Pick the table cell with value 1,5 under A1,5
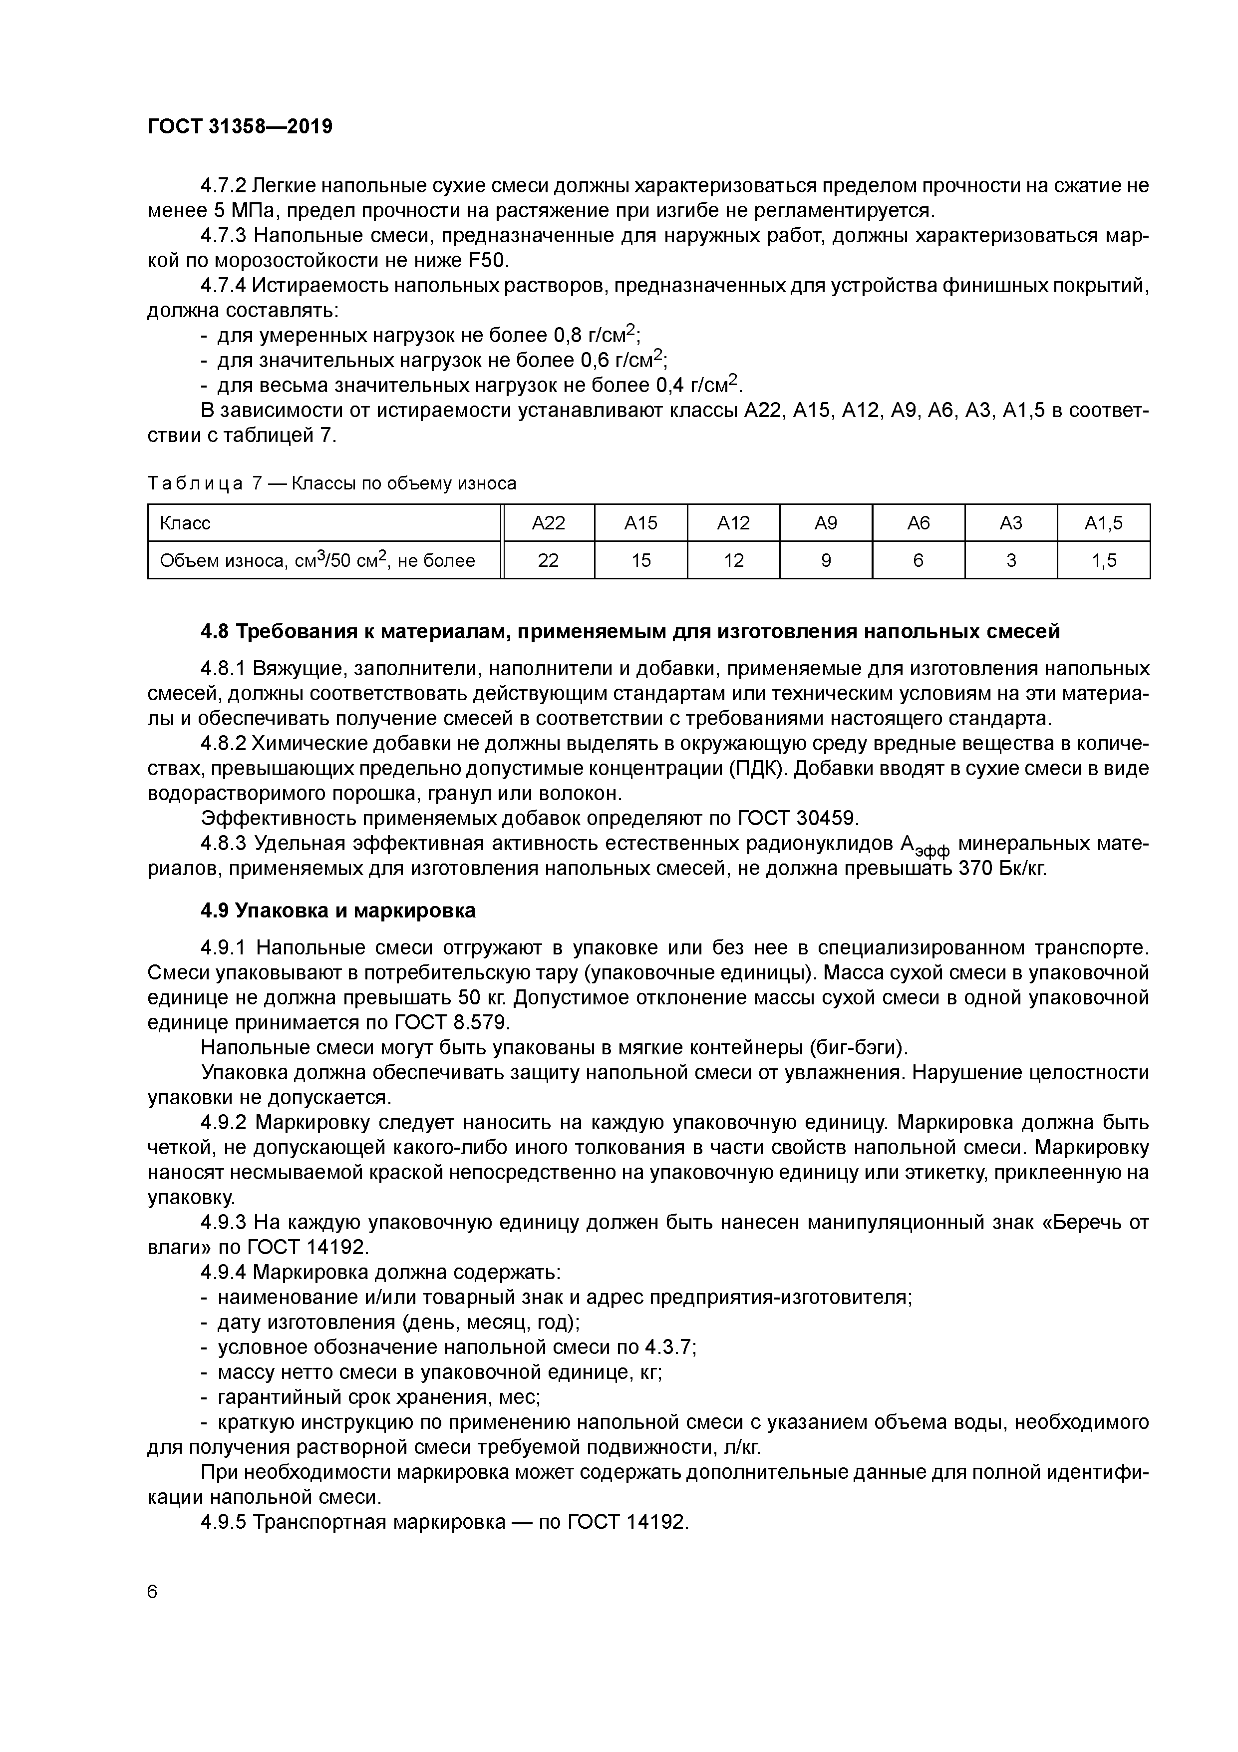point(1103,561)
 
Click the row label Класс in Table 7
point(185,523)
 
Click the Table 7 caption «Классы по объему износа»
point(404,483)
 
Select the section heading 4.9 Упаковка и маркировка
point(338,910)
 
